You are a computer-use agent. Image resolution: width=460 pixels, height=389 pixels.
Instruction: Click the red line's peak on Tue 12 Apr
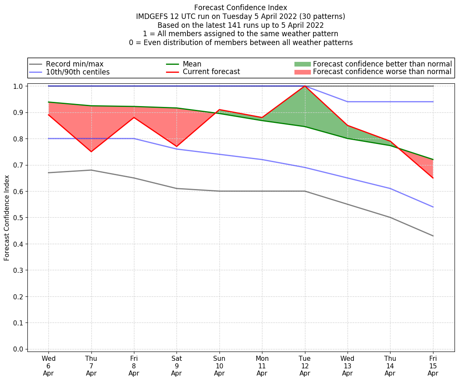coord(305,86)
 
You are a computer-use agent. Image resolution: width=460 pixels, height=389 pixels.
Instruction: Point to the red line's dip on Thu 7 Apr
coord(91,152)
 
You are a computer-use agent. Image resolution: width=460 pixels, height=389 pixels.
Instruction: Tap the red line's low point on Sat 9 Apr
coord(177,147)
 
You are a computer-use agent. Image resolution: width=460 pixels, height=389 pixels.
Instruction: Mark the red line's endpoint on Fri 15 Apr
coord(433,178)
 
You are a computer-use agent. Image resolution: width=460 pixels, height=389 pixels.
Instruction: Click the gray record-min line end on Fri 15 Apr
coord(433,236)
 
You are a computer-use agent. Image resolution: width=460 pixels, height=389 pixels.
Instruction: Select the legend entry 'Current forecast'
coord(211,72)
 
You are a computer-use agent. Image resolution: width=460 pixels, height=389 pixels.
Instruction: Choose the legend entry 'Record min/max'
coord(74,64)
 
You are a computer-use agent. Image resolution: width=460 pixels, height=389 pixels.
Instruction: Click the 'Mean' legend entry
coord(192,64)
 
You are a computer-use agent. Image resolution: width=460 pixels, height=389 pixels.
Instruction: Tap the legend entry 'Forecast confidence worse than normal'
coord(382,72)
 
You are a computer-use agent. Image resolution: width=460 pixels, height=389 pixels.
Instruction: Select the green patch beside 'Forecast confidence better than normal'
coord(302,64)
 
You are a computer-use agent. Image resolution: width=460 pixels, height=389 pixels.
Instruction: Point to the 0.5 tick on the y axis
coord(19,218)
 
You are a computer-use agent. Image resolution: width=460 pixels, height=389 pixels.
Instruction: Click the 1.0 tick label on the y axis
coord(19,86)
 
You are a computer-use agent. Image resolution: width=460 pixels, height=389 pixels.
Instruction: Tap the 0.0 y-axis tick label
coord(19,349)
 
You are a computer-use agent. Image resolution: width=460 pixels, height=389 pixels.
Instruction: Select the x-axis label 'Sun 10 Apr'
coord(219,366)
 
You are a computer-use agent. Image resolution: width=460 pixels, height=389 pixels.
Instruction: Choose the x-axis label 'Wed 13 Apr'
coord(347,366)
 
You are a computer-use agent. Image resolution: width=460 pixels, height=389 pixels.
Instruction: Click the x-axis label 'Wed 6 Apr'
coord(48,366)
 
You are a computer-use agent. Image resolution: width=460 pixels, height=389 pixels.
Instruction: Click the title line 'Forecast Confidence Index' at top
coord(241,8)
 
